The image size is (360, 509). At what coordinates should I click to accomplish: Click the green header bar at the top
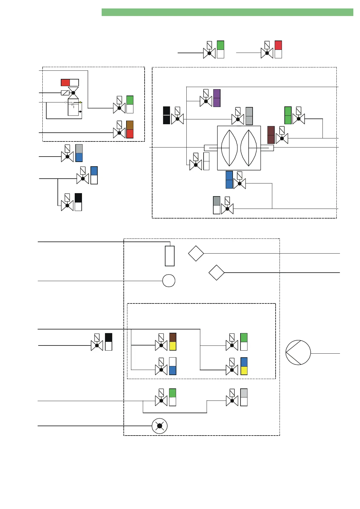pyautogui.click(x=227, y=12)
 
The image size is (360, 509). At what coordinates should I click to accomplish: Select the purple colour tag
pyautogui.click(x=217, y=98)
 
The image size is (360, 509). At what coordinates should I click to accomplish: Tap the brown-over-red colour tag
pyautogui.click(x=130, y=129)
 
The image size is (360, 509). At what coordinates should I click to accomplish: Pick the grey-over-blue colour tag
pyautogui.click(x=79, y=153)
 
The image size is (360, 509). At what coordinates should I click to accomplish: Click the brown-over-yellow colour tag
pyautogui.click(x=173, y=342)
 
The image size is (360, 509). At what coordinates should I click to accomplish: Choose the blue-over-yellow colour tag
pyautogui.click(x=244, y=366)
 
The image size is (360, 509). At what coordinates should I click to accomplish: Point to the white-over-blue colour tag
pyautogui.click(x=173, y=366)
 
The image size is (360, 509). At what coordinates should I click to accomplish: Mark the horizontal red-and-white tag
pyautogui.click(x=70, y=83)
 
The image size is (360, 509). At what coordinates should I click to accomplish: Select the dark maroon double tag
pyautogui.click(x=271, y=135)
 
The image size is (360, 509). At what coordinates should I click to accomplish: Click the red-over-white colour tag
pyautogui.click(x=278, y=49)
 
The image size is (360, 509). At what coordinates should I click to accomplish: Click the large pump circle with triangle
pyautogui.click(x=298, y=352)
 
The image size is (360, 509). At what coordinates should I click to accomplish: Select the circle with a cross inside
pyautogui.click(x=159, y=426)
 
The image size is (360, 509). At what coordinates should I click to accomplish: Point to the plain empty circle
pyautogui.click(x=169, y=281)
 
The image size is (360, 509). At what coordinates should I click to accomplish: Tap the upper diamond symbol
pyautogui.click(x=196, y=253)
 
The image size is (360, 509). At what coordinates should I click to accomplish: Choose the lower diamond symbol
pyautogui.click(x=217, y=273)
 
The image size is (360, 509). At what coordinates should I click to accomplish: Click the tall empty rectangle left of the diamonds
pyautogui.click(x=169, y=256)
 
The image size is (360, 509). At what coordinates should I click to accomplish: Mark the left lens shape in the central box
pyautogui.click(x=229, y=148)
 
